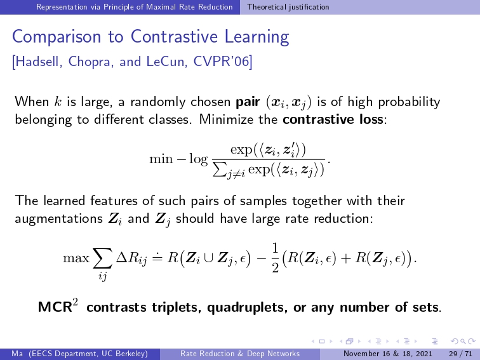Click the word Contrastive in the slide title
pos(175,36)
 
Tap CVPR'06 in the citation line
pos(222,61)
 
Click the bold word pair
pos(248,102)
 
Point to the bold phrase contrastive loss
pos(333,119)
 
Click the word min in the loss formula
pos(161,159)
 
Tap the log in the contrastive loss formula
pos(198,159)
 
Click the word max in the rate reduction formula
pos(76,258)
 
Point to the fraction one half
pos(275,258)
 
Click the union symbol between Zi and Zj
pos(209,258)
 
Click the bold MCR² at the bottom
pos(58,306)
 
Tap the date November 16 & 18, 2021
pos(388,354)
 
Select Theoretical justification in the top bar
pos(288,7)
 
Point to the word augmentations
pos(58,219)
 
